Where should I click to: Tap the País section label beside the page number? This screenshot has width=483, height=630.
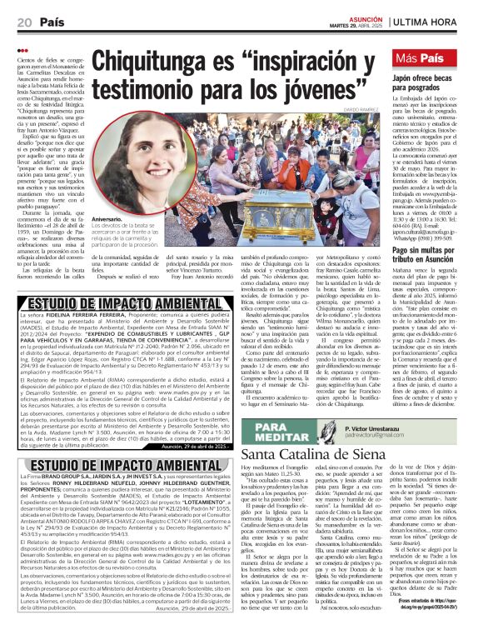(x=35, y=21)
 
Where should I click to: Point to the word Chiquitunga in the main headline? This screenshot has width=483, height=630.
(x=166, y=62)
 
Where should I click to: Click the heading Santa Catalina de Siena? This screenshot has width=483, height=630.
(x=312, y=456)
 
